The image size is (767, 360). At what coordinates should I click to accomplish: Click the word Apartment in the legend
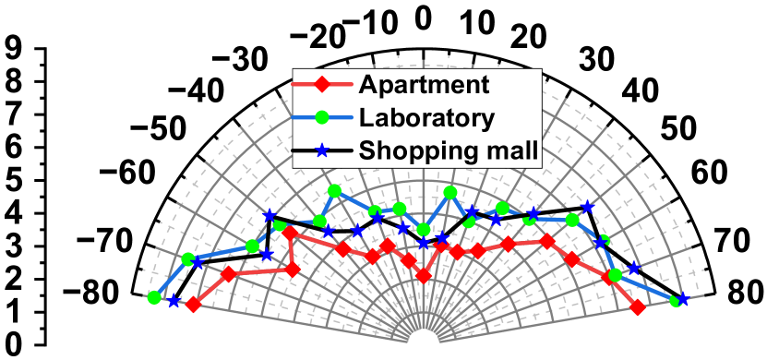424,85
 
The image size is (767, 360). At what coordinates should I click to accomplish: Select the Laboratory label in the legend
427,117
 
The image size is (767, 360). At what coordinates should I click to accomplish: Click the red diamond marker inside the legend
322,86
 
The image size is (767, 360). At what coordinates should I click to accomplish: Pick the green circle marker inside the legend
322,117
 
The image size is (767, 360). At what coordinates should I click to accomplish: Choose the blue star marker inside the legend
322,150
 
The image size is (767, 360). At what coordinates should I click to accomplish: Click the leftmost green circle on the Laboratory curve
153,297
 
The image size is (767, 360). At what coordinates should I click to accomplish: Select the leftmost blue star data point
173,301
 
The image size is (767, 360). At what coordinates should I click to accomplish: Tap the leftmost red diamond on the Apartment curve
192,304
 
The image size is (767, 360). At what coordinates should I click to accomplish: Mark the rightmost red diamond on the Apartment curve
637,307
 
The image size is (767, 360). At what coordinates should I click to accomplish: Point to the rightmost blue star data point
683,300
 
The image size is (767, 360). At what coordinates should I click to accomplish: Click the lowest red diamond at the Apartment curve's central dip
423,275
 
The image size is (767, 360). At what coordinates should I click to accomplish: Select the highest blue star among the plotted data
586,207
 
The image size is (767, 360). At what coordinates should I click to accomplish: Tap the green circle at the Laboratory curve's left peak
334,190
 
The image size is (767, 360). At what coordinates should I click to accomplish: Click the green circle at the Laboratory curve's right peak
449,192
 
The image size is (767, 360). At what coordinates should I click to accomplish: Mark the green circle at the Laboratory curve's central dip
423,229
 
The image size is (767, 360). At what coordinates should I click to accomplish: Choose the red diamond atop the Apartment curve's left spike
290,234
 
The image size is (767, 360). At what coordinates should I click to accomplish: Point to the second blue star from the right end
633,269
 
